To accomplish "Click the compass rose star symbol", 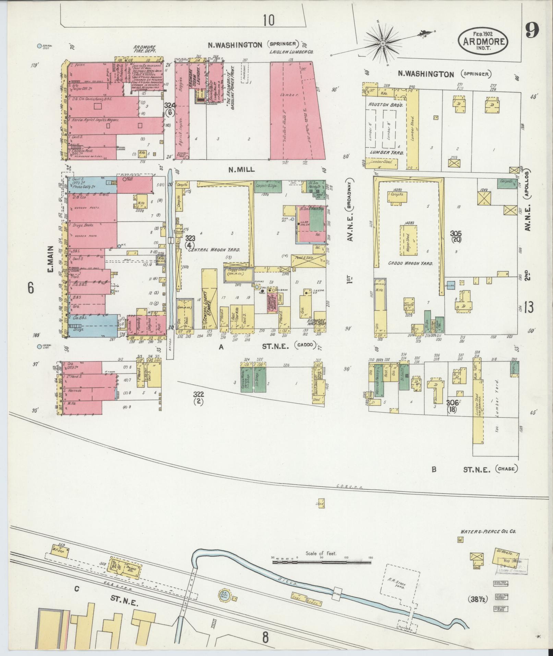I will (x=383, y=43).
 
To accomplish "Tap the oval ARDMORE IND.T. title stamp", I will (x=483, y=41).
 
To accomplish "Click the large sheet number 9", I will (x=532, y=31).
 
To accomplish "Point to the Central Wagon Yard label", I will (x=214, y=250).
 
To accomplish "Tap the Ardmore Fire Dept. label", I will (x=145, y=49).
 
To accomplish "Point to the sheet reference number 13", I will (x=528, y=308).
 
